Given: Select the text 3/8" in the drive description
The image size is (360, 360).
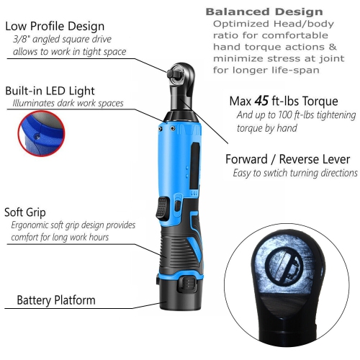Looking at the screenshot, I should [x=21, y=40].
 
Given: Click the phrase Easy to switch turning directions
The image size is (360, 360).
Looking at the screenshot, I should [x=295, y=173].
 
